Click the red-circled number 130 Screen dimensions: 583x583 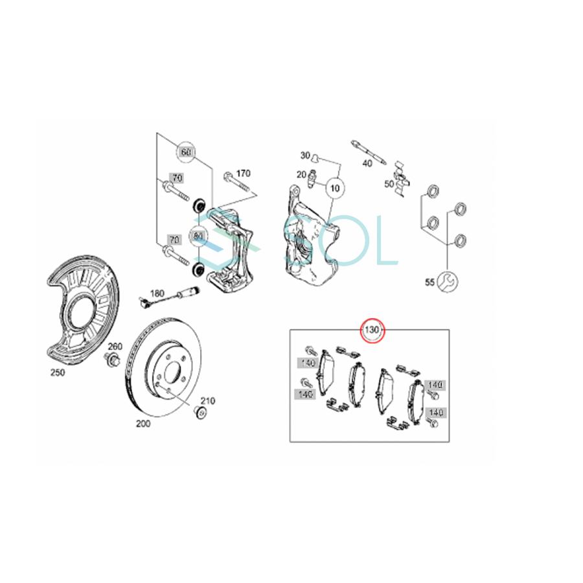tap(372, 330)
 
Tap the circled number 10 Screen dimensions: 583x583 tap(334, 188)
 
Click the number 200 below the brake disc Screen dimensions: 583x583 tap(143, 424)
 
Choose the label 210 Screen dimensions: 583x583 tap(208, 400)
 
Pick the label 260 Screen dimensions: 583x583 tap(115, 346)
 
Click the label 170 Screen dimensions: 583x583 tap(242, 173)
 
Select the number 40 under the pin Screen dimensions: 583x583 tap(367, 163)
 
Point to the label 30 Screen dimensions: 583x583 tap(305, 155)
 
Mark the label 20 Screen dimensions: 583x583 tap(301, 175)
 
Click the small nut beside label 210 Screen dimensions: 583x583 tap(201, 412)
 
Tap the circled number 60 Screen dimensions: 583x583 tap(186, 152)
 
